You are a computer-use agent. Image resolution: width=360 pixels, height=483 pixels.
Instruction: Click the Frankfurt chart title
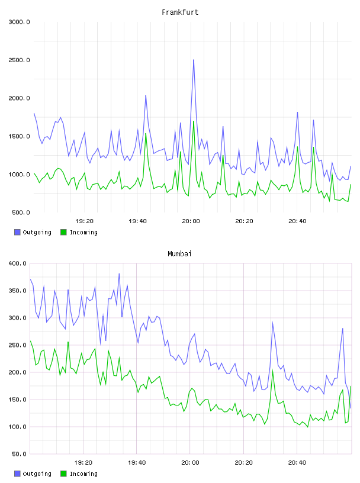click(180, 12)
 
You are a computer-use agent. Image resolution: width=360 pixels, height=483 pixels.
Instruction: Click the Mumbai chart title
click(179, 254)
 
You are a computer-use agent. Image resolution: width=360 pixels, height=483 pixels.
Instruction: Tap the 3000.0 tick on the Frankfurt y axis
click(19, 22)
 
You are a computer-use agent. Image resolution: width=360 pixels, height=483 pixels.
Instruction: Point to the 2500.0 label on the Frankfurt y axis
click(19, 60)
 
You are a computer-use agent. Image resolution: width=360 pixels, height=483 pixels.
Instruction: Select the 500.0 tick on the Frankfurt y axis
click(21, 212)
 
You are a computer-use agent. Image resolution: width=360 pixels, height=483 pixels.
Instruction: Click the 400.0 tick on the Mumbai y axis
click(18, 263)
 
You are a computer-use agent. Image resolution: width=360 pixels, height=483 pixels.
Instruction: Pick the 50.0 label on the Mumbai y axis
click(20, 454)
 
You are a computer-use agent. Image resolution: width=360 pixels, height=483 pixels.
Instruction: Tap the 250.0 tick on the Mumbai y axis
click(18, 345)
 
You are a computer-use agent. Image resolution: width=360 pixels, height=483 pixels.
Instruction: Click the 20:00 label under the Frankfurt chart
click(191, 221)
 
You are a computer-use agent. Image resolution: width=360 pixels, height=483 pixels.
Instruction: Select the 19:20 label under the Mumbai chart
click(83, 463)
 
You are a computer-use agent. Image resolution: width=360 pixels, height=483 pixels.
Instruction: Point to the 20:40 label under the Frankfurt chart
click(297, 221)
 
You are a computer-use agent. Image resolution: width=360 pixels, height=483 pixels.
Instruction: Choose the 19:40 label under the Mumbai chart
click(137, 463)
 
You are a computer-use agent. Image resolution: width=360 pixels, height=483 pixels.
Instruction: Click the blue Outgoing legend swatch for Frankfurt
click(17, 232)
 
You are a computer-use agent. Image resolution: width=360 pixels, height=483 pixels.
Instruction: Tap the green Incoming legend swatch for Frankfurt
click(63, 232)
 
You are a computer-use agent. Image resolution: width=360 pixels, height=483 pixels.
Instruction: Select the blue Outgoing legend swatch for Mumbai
click(17, 474)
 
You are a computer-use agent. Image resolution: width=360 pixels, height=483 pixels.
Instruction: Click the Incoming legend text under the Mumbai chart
click(83, 474)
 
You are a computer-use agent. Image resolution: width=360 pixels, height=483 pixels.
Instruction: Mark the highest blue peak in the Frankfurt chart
click(194, 60)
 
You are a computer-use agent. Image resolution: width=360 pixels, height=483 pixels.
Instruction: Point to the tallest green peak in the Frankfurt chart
click(194, 121)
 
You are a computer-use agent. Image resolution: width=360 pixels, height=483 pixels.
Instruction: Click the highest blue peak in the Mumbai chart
click(119, 273)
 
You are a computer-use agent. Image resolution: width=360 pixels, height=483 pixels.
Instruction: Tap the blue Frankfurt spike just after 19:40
click(146, 96)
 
